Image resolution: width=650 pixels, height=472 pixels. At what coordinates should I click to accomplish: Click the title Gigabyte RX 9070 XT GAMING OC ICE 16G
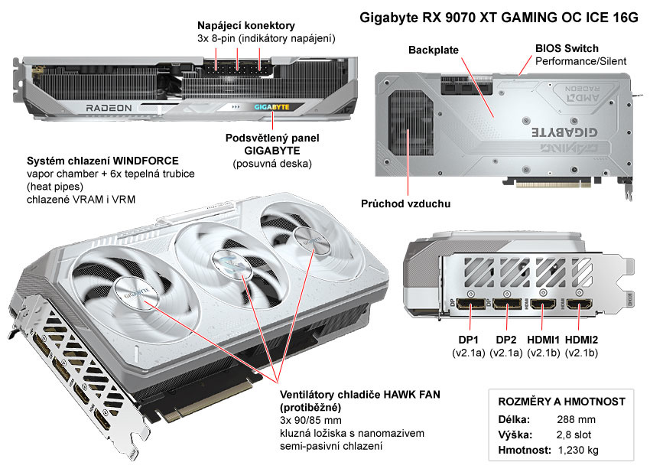pos(499,18)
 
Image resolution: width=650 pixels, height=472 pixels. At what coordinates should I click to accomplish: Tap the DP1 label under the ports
pos(467,339)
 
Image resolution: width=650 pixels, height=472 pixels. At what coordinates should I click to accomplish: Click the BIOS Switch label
pos(567,48)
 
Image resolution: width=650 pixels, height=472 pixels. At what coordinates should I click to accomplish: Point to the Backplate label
pos(434,50)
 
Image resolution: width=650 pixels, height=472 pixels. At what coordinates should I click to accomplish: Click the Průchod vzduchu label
pos(405,204)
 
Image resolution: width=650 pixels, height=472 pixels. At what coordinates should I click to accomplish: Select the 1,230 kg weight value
pos(579,450)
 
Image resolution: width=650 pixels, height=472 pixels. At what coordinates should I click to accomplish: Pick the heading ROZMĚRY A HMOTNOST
pos(561,402)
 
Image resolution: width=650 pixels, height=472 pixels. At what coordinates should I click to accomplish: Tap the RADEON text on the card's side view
pos(109,108)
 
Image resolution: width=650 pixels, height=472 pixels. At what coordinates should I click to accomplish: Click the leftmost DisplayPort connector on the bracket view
pos(468,306)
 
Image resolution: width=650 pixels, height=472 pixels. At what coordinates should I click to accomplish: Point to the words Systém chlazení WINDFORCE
pos(102,161)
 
